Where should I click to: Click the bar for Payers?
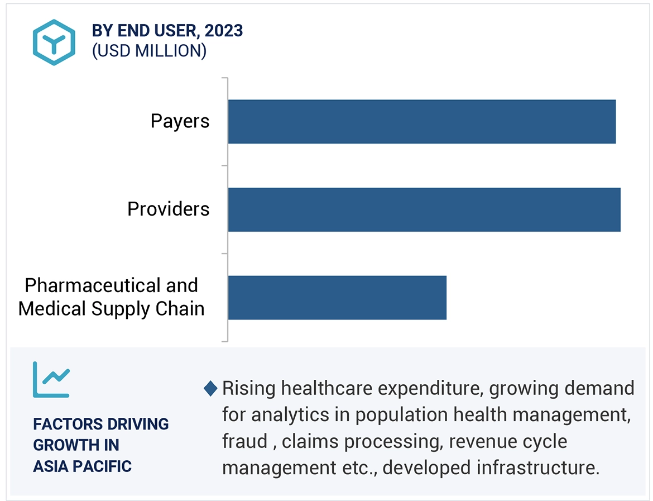tap(421, 122)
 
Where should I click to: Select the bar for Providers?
tap(424, 209)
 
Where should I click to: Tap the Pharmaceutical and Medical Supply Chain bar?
tap(337, 297)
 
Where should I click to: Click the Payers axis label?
tap(180, 121)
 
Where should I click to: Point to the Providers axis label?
tap(168, 209)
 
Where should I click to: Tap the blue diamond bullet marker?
tap(210, 388)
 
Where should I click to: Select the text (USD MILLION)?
tap(149, 51)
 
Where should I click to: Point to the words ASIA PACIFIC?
tap(82, 466)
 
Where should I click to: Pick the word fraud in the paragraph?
tap(244, 441)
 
